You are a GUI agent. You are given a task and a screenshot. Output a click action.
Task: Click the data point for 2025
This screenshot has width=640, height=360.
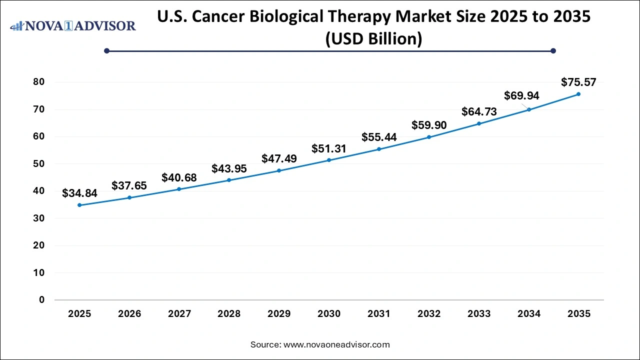pos(79,205)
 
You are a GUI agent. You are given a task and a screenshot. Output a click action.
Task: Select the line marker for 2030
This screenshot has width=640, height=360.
pos(329,160)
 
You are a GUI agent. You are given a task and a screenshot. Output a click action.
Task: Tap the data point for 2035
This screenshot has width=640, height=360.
pos(578,94)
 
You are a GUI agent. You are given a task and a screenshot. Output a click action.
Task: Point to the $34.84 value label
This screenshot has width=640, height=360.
pos(79,193)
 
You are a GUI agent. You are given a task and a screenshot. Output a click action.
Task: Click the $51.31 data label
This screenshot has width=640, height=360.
pos(329,148)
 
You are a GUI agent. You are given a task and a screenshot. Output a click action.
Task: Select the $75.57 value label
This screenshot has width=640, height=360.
pos(578,82)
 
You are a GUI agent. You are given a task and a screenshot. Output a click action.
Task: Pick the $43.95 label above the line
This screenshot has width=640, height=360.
pos(229,169)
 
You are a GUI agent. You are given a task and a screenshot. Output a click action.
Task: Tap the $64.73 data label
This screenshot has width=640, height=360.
pos(479,111)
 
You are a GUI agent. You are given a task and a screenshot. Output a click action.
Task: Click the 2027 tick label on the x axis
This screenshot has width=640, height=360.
pos(179,314)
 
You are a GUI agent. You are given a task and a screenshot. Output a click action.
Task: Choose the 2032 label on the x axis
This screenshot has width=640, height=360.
pos(429,314)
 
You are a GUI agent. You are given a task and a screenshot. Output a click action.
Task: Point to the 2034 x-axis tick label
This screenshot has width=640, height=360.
pos(529,314)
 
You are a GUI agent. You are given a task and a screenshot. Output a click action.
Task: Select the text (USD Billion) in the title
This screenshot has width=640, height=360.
pos(373,38)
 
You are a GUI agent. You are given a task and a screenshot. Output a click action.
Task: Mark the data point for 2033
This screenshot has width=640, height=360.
pos(479,123)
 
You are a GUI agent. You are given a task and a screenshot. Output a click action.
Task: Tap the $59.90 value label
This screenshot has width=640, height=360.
pos(429,125)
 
